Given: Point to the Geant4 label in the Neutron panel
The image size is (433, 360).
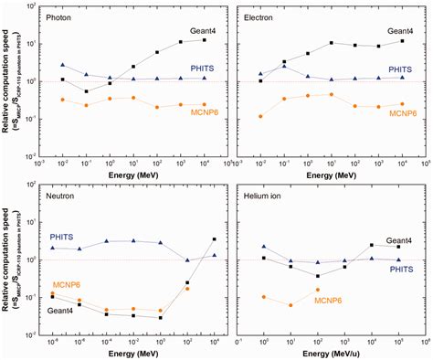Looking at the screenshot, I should point(64,311).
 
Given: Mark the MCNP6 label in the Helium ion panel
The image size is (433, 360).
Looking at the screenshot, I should point(330,299).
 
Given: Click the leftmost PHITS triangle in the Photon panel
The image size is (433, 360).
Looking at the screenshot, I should point(62,66).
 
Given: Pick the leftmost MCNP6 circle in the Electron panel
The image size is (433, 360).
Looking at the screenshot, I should point(261,116).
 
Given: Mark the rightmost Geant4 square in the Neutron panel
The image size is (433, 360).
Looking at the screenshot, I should point(214,239).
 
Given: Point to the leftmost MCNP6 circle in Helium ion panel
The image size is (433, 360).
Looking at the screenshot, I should point(263,297).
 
